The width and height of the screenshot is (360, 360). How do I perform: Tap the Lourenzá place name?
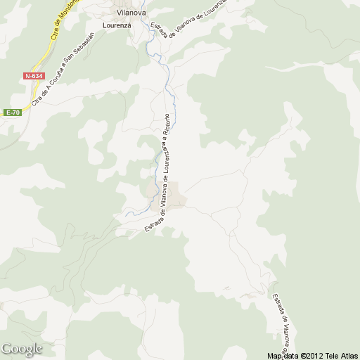(x=118, y=25)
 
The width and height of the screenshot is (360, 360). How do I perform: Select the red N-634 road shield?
(x=32, y=76)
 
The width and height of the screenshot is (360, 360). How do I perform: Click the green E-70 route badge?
(x=12, y=112)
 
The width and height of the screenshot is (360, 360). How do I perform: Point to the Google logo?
(x=22, y=349)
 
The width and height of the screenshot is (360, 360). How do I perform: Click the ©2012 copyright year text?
(x=313, y=355)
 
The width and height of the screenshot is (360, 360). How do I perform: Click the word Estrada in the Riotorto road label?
(x=150, y=224)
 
